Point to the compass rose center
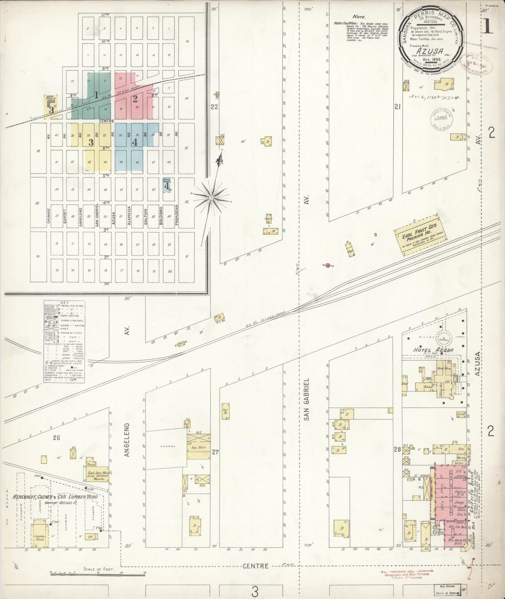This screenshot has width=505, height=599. (211, 198)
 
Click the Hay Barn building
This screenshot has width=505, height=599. (198, 448)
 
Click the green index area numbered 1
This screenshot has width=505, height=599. (96, 95)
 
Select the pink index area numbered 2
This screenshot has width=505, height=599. (135, 99)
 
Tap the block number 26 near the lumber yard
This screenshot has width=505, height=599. (56, 437)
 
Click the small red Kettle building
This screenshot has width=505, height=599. (328, 266)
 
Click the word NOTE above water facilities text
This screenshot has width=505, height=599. (359, 17)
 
